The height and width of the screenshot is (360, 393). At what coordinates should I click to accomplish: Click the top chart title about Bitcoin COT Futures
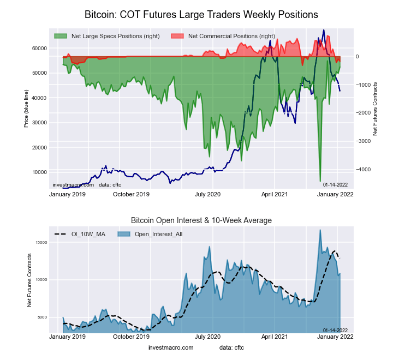201,13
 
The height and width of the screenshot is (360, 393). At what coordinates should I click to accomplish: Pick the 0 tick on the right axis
358,56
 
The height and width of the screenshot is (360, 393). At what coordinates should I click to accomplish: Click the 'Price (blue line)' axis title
26,109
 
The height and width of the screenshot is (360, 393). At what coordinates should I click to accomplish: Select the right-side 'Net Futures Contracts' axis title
375,109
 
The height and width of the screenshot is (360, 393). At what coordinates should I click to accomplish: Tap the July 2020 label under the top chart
207,194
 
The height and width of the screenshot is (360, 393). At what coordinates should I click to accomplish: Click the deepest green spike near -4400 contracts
320,181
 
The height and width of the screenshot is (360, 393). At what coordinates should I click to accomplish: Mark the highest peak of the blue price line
324,30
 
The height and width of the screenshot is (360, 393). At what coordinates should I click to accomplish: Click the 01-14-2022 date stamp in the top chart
335,185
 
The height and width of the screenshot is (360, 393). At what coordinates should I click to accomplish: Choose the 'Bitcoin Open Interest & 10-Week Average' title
201,220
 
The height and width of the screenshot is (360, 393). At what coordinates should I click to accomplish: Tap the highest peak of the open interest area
320,230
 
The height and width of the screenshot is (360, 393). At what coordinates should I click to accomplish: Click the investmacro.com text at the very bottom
171,347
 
